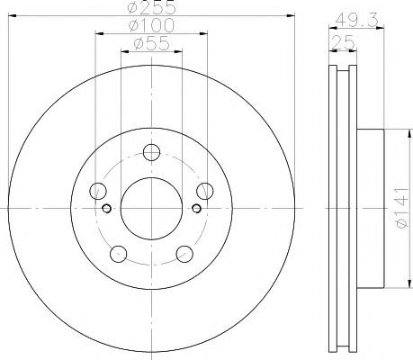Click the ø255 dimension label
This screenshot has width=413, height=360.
point(151,7)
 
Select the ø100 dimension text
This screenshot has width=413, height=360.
point(151,25)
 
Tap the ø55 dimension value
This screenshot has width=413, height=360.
point(151,43)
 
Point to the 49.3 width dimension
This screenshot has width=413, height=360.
point(356,21)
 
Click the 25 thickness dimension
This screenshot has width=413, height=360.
point(343,42)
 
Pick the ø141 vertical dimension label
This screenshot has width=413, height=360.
point(402,208)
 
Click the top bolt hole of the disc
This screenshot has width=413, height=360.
point(151,152)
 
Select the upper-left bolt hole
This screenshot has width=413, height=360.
point(98,191)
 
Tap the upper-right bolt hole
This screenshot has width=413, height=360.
point(205,191)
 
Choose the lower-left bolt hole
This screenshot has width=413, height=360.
point(119,254)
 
